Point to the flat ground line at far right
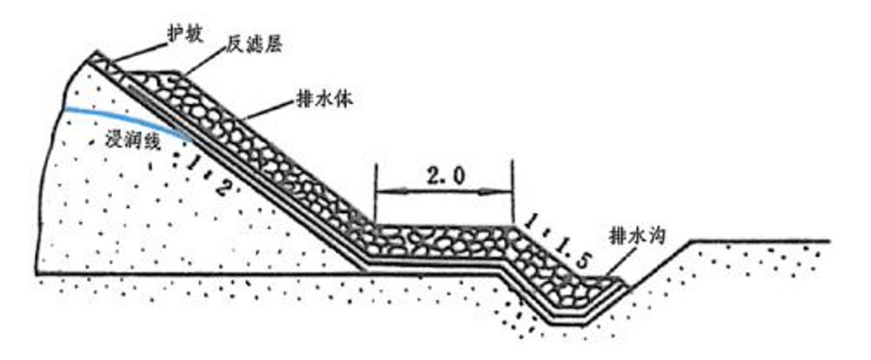click(x=763, y=239)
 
